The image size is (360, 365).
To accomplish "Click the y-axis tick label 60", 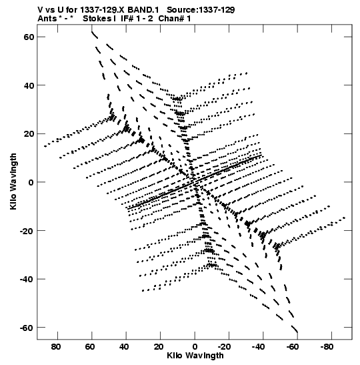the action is (x=29, y=37).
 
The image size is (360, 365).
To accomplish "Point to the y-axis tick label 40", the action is (x=29, y=85).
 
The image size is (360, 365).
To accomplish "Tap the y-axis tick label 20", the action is (x=29, y=134).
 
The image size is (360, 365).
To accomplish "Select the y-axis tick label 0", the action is (x=31, y=182).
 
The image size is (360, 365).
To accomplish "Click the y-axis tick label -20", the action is (x=27, y=231).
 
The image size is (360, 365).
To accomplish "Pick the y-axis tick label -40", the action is (x=27, y=279).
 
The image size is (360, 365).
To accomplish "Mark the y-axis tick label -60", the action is (x=27, y=328).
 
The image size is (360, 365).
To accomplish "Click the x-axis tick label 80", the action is (x=56, y=347).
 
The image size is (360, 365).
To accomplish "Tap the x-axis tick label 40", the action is (x=125, y=347).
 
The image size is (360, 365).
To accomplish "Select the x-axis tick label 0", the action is (x=195, y=347).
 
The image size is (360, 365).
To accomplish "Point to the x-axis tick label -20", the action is (x=225, y=347).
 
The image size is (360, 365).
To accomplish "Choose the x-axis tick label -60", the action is (x=293, y=347).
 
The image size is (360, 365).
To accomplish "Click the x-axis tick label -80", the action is (x=327, y=347).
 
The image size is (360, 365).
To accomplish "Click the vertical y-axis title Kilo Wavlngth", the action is (x=13, y=181).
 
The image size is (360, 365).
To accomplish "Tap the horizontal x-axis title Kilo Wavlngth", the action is (x=195, y=356).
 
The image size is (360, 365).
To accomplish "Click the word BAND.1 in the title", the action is (x=143, y=10).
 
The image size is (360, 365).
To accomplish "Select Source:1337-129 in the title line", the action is (x=201, y=10).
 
